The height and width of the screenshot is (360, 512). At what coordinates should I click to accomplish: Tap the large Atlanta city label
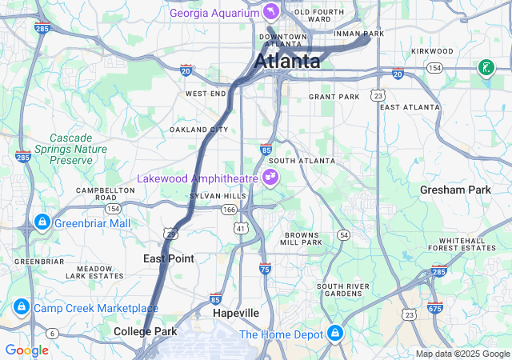(x=287, y=62)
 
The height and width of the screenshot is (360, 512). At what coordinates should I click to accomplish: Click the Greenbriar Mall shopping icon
(x=41, y=222)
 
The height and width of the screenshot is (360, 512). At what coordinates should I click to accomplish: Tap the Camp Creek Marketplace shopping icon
(x=20, y=307)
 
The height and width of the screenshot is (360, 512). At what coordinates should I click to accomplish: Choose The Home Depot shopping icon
(x=335, y=334)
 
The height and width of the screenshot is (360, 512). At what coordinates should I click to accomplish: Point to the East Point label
(x=168, y=258)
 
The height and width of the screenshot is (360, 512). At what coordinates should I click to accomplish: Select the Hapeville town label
(x=235, y=313)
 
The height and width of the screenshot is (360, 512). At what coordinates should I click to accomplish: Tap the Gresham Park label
(x=455, y=190)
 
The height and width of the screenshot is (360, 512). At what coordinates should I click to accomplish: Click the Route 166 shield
(x=229, y=210)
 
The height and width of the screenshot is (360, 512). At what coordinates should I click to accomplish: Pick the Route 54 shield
(x=343, y=234)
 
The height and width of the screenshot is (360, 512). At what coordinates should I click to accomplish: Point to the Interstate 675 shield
(x=434, y=308)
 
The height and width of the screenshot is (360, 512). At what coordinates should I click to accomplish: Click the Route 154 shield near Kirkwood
(x=434, y=69)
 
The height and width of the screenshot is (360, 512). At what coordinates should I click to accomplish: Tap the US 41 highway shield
(x=239, y=229)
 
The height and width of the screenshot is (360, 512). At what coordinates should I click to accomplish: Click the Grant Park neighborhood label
(x=334, y=97)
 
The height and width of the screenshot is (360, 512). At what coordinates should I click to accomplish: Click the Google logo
(x=26, y=350)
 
